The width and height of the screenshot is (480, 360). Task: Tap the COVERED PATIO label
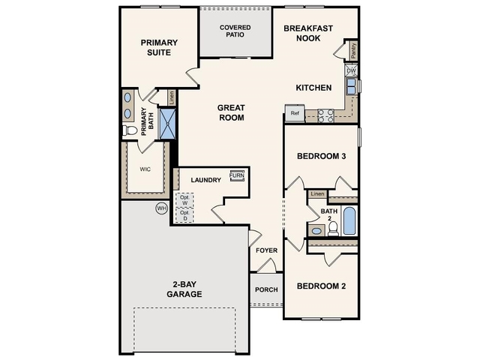pyautogui.click(x=235, y=31)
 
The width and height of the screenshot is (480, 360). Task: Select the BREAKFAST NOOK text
pyautogui.click(x=308, y=34)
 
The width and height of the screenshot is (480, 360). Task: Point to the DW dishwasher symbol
pyautogui.click(x=351, y=71)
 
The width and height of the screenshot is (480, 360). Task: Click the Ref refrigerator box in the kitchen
pyautogui.click(x=294, y=114)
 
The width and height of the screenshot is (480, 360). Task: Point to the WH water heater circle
pyautogui.click(x=160, y=208)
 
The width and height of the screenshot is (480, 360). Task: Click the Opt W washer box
pyautogui.click(x=184, y=200)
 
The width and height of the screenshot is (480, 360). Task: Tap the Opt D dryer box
pyautogui.click(x=184, y=215)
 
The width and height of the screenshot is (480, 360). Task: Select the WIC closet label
pyautogui.click(x=145, y=169)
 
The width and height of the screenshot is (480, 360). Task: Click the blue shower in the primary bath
pyautogui.click(x=167, y=124)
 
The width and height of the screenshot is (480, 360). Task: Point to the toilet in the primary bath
pyautogui.click(x=130, y=130)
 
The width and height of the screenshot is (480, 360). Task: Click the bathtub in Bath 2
pyautogui.click(x=349, y=222)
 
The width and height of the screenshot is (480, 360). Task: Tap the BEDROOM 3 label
pyautogui.click(x=321, y=157)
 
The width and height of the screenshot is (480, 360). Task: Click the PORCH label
pyautogui.click(x=266, y=289)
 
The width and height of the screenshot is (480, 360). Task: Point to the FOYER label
pyautogui.click(x=266, y=250)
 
